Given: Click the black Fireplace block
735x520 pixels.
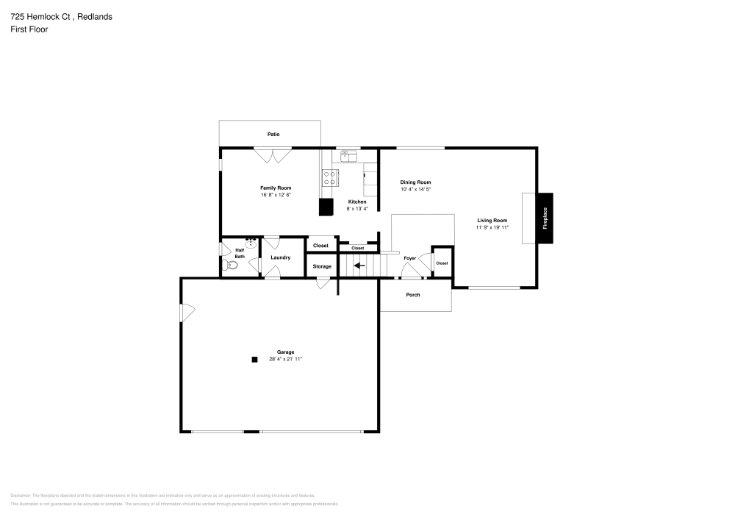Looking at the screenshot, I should pos(545,218).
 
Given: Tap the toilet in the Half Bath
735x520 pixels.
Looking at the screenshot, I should pos(232,266).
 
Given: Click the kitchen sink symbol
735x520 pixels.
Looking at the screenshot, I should pos(348,155).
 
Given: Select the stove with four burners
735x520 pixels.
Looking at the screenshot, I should pos(331,177).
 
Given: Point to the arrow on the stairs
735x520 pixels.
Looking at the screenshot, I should pos(359,266).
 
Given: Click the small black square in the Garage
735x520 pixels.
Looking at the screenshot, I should pos(254,360).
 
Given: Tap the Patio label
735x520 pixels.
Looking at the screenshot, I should pos(273,134).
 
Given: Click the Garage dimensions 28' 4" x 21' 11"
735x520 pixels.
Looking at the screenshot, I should pos(286,359).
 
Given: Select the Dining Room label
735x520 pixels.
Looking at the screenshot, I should pos(415,182).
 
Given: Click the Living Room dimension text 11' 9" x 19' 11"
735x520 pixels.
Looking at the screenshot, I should pos(492,227).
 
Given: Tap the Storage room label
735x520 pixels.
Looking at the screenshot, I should pos(322,266).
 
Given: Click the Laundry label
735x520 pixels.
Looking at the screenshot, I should pos(280,257).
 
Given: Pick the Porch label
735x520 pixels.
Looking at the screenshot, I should pos(413,295).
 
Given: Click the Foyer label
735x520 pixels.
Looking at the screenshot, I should pos(409,258).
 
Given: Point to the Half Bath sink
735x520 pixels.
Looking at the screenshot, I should pos(251,240).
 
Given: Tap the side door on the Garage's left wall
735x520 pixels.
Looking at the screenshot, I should pos(187,313).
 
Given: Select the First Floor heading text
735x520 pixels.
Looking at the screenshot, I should pos(29,29).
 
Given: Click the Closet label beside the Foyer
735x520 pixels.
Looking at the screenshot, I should pos(442,263).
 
